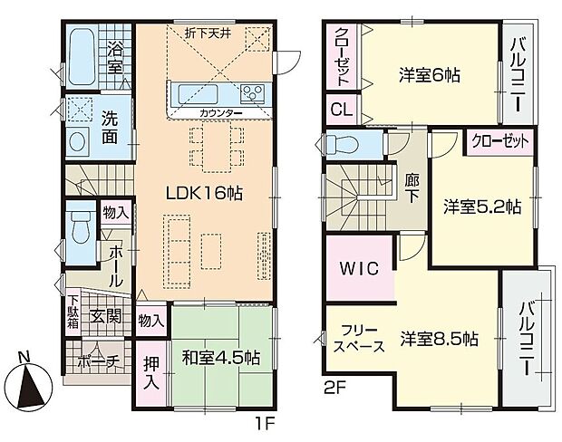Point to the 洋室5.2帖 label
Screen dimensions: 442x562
[x=481, y=206]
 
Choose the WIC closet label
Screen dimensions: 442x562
[x=360, y=270]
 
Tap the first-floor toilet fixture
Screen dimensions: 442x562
[x=77, y=230]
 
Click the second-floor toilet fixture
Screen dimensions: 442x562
[x=342, y=144]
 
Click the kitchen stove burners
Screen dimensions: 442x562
[x=250, y=92]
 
